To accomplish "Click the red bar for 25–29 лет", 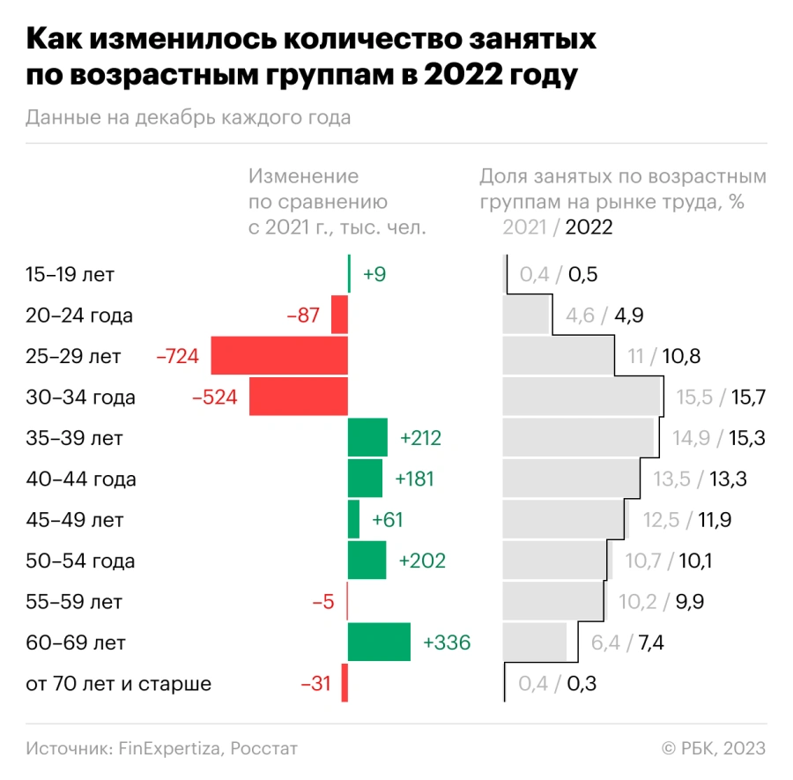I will click(x=279, y=356).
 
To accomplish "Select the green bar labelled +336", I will click(x=379, y=643).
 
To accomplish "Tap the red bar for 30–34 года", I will click(x=299, y=397).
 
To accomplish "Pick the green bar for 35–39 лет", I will click(x=367, y=438).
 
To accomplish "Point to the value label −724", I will click(x=178, y=356).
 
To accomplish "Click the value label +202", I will click(x=422, y=561).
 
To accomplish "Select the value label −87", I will click(x=302, y=316).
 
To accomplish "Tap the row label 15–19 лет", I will click(x=70, y=274).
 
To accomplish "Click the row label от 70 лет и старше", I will click(x=119, y=684).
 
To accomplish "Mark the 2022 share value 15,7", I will click(x=748, y=397).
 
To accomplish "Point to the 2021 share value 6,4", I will click(x=606, y=643).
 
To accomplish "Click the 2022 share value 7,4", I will click(x=650, y=643).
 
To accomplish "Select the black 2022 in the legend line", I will click(x=589, y=227).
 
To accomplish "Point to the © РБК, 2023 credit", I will click(x=714, y=748).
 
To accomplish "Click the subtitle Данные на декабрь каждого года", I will click(x=189, y=117).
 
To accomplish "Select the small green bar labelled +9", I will click(x=350, y=274).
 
